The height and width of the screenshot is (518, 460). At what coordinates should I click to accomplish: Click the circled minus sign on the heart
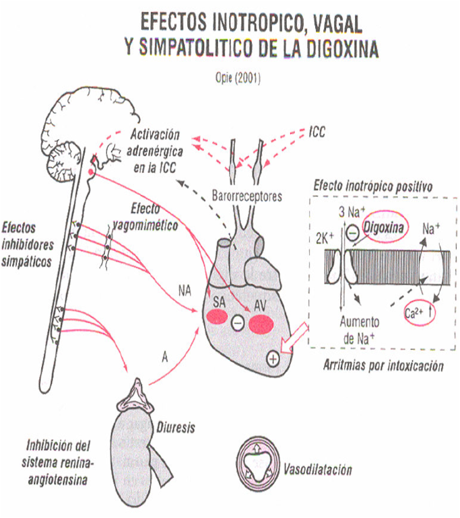point(238,324)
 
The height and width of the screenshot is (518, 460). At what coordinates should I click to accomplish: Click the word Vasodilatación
point(317,469)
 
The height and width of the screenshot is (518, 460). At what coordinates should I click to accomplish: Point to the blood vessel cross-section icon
point(259,463)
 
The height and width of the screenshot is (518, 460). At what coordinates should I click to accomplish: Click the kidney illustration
point(134,447)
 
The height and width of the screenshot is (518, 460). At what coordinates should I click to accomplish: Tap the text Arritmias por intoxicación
point(385,367)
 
